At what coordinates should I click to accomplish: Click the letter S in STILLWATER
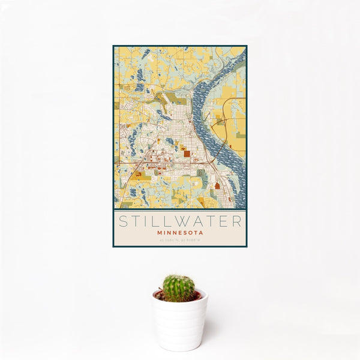(122, 221)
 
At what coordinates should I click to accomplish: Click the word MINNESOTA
(180, 232)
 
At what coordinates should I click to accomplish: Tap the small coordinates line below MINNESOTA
(180, 240)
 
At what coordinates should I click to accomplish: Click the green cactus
(179, 288)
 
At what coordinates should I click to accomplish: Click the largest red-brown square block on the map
(186, 154)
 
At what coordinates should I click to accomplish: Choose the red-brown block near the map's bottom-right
(217, 185)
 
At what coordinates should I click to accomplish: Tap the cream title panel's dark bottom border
(180, 247)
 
